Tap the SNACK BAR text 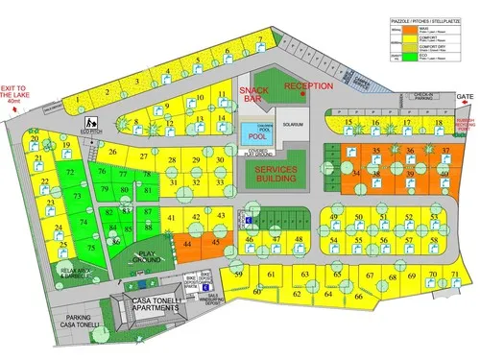click(252, 93)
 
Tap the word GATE click(466, 98)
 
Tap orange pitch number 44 click(188, 245)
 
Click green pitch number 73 click(77, 195)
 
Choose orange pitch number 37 click(445, 152)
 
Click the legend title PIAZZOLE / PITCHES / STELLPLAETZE click(419, 18)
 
